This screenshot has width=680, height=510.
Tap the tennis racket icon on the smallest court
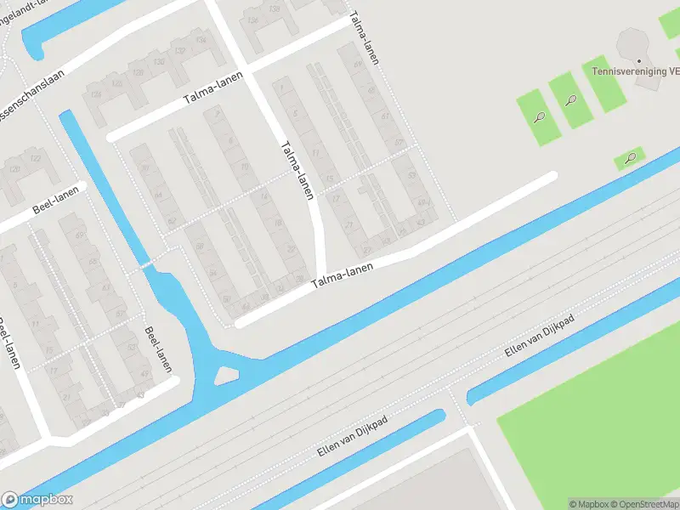pyautogui.click(x=630, y=158)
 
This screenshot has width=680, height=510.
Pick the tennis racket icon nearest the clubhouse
pyautogui.click(x=572, y=100)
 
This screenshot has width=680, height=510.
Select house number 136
pyautogui.click(x=252, y=19)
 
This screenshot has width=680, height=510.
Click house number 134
pyautogui.click(x=201, y=38)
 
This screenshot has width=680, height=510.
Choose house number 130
pyautogui.click(x=159, y=62)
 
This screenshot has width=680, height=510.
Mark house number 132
pyautogui.click(x=180, y=50)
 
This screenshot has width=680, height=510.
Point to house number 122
pyautogui.click(x=36, y=159)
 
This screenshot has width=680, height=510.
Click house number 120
pyautogui.click(x=14, y=169)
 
